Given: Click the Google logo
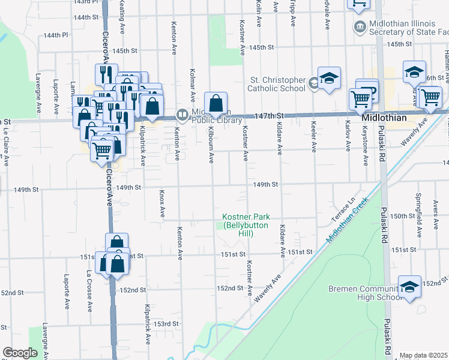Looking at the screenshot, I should pyautogui.click(x=20, y=353).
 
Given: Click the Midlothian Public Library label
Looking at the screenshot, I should pyautogui.click(x=205, y=118).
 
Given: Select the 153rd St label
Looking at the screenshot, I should pyautogui.click(x=166, y=324).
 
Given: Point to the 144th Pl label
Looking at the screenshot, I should pyautogui.click(x=56, y=35).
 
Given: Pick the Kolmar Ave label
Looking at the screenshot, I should pyautogui.click(x=193, y=82).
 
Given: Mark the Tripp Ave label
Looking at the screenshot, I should pyautogui.click(x=293, y=12).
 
